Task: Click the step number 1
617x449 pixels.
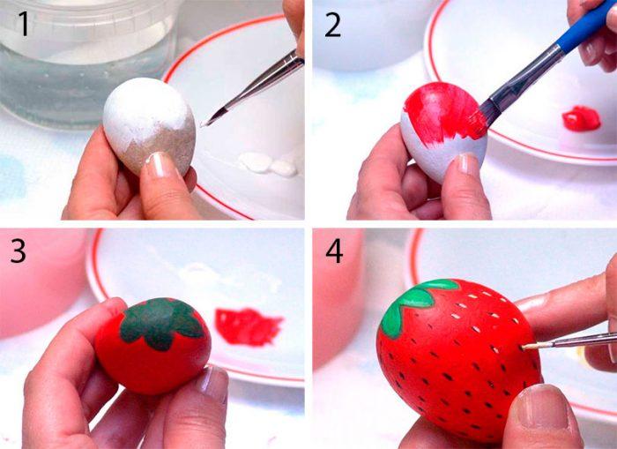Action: click(24, 25)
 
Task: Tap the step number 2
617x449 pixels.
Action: click(333, 25)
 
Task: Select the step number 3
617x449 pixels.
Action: click(19, 251)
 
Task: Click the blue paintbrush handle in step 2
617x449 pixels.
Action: click(587, 26)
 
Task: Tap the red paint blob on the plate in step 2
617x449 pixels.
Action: click(582, 118)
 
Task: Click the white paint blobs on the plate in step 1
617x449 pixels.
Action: click(268, 164)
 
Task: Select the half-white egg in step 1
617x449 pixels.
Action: click(150, 125)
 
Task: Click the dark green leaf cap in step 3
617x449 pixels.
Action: click(160, 323)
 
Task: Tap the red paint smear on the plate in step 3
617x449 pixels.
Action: click(248, 326)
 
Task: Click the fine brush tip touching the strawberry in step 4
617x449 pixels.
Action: click(525, 348)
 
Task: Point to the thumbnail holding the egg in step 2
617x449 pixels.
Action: click(467, 164)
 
